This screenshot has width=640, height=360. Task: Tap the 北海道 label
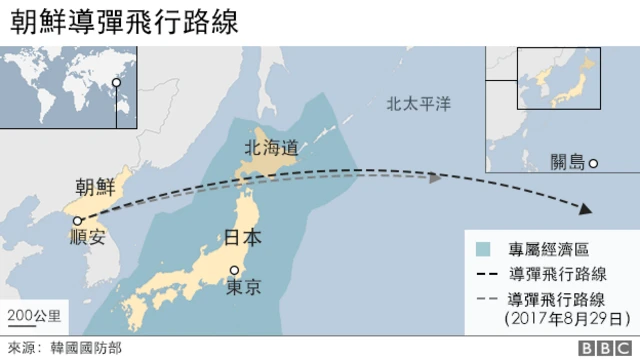pos(270,148)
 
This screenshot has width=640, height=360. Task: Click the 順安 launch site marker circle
pos(77,221)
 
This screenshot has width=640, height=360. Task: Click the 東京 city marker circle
pos(235,270)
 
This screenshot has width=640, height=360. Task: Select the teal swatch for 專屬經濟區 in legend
pos(484,248)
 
